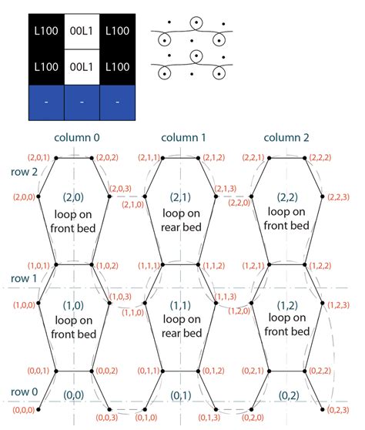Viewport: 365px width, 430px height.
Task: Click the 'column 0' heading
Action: (76, 138)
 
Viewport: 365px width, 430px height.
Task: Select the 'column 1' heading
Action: (183, 138)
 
